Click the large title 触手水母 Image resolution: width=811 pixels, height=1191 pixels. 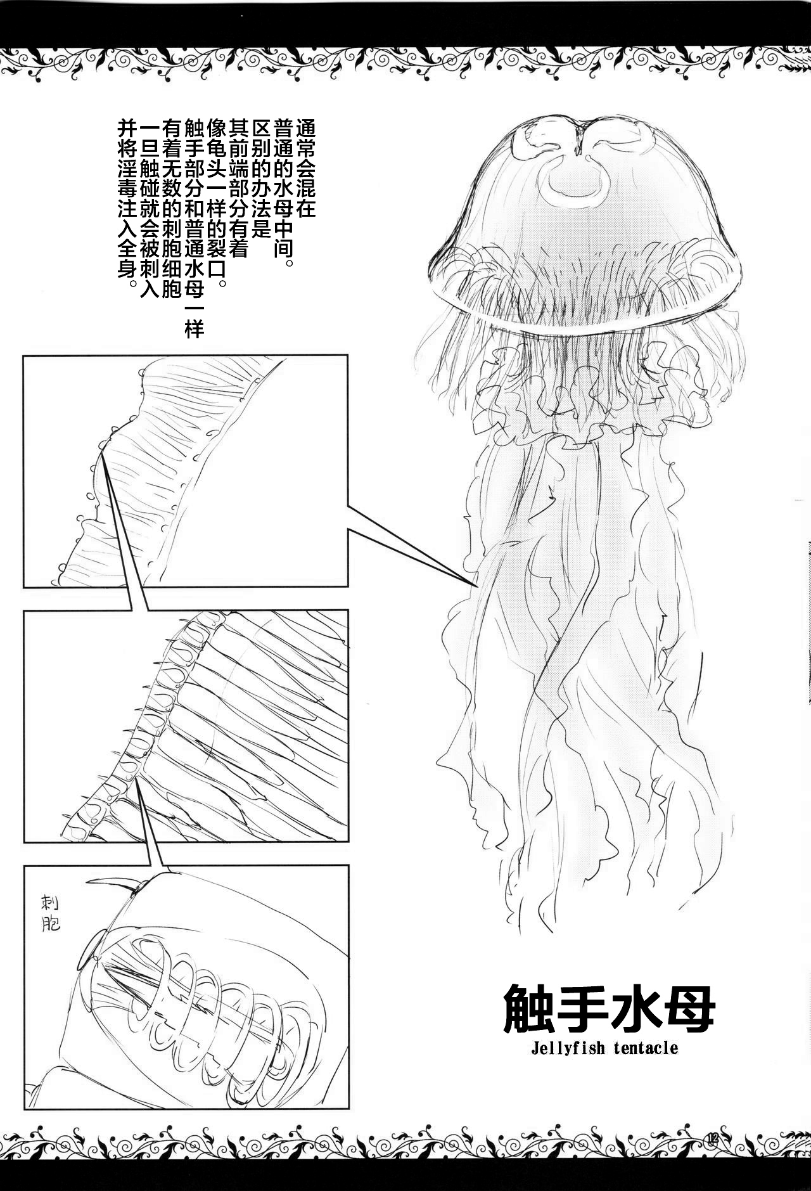608,1007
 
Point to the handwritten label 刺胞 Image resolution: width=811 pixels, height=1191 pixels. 49,913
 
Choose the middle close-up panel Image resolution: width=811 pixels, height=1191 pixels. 185,726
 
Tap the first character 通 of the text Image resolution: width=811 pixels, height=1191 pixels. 305,129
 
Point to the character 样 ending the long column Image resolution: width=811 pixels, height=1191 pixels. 193,329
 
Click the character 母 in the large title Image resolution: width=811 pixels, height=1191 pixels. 689,1007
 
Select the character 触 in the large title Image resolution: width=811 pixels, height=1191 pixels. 528,1007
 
